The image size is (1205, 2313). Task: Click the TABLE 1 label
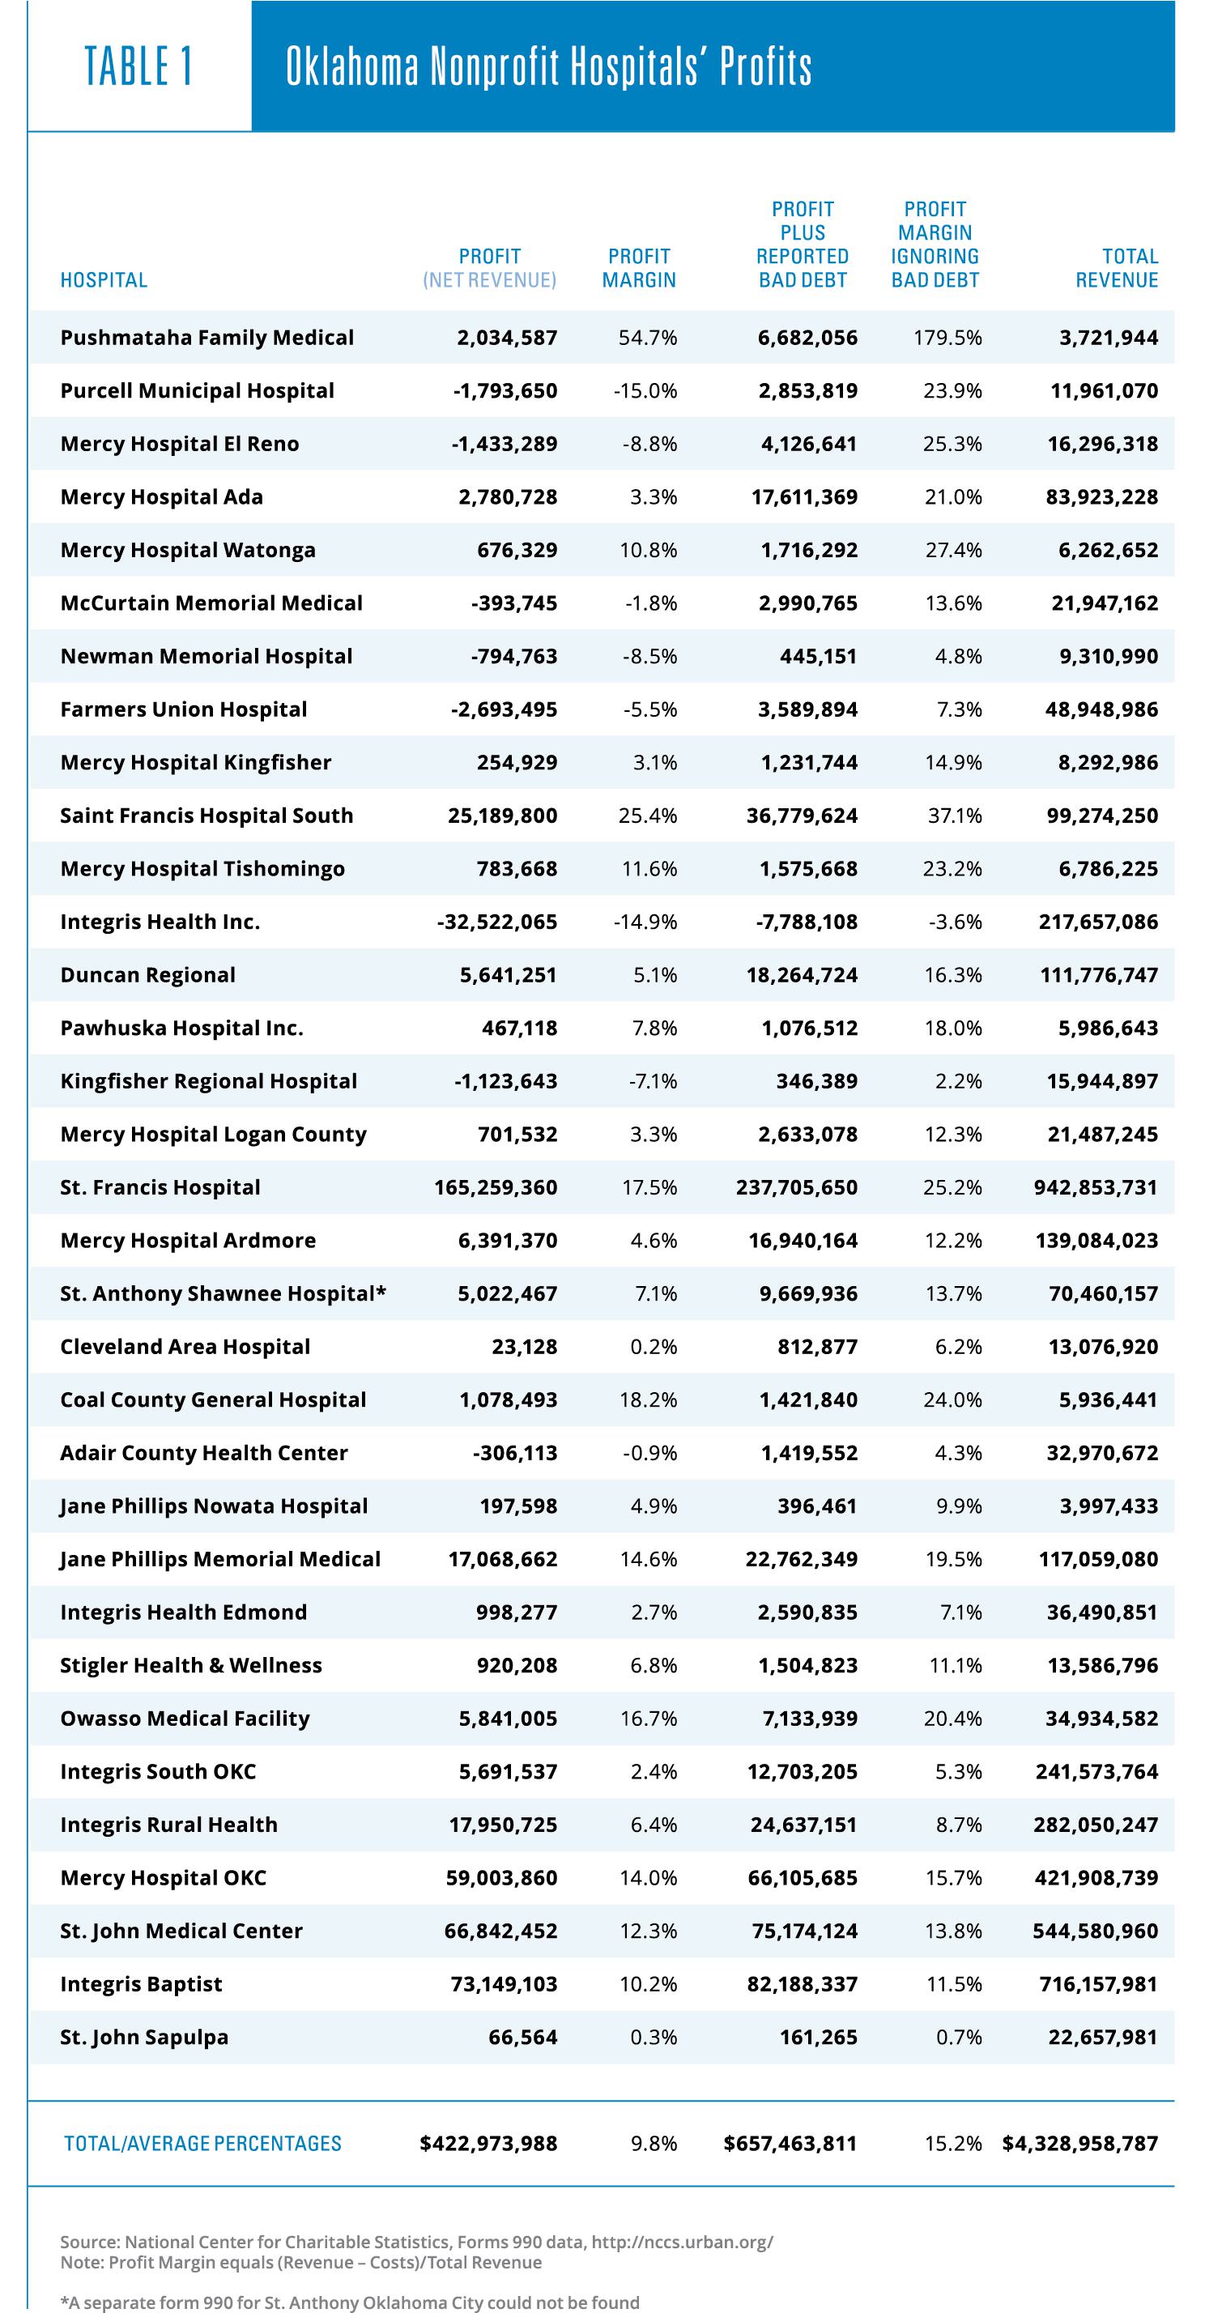[139, 66]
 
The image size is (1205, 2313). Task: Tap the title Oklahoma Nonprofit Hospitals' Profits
[548, 66]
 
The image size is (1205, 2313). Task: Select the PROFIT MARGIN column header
[638, 267]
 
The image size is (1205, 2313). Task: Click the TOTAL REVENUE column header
[1117, 267]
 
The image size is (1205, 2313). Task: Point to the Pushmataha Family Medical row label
[207, 338]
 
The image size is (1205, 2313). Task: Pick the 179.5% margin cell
[948, 338]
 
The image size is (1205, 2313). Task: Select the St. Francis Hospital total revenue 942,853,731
[1096, 1188]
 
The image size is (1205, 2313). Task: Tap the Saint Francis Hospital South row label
[207, 816]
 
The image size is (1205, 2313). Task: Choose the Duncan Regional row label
[148, 975]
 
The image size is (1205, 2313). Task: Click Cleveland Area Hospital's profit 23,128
[525, 1347]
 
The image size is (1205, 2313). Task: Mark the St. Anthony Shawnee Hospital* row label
[223, 1294]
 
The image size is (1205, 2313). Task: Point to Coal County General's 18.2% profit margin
[649, 1399]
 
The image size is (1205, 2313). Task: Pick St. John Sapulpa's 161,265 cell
[818, 2038]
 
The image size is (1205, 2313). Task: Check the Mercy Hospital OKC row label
[164, 1877]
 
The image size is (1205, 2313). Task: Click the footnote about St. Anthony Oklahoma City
[350, 2303]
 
